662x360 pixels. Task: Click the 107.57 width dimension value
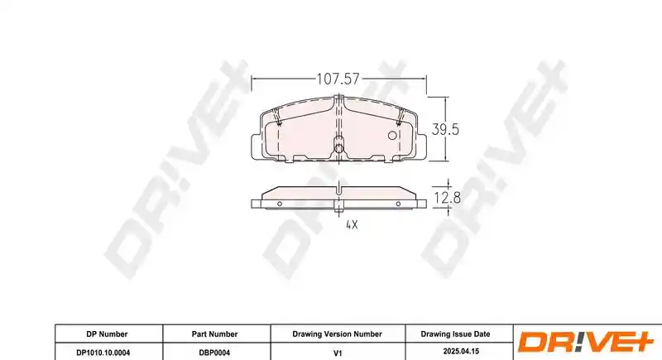(338, 79)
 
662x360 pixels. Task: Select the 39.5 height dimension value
(445, 130)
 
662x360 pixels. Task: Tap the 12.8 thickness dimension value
(447, 198)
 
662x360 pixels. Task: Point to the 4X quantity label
(352, 225)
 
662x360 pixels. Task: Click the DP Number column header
(107, 334)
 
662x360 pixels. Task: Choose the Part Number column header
(214, 334)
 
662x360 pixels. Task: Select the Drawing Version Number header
(337, 334)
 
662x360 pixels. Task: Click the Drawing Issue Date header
(455, 334)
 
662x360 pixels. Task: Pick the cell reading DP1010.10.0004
(103, 353)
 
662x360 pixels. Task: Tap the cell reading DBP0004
(214, 353)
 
